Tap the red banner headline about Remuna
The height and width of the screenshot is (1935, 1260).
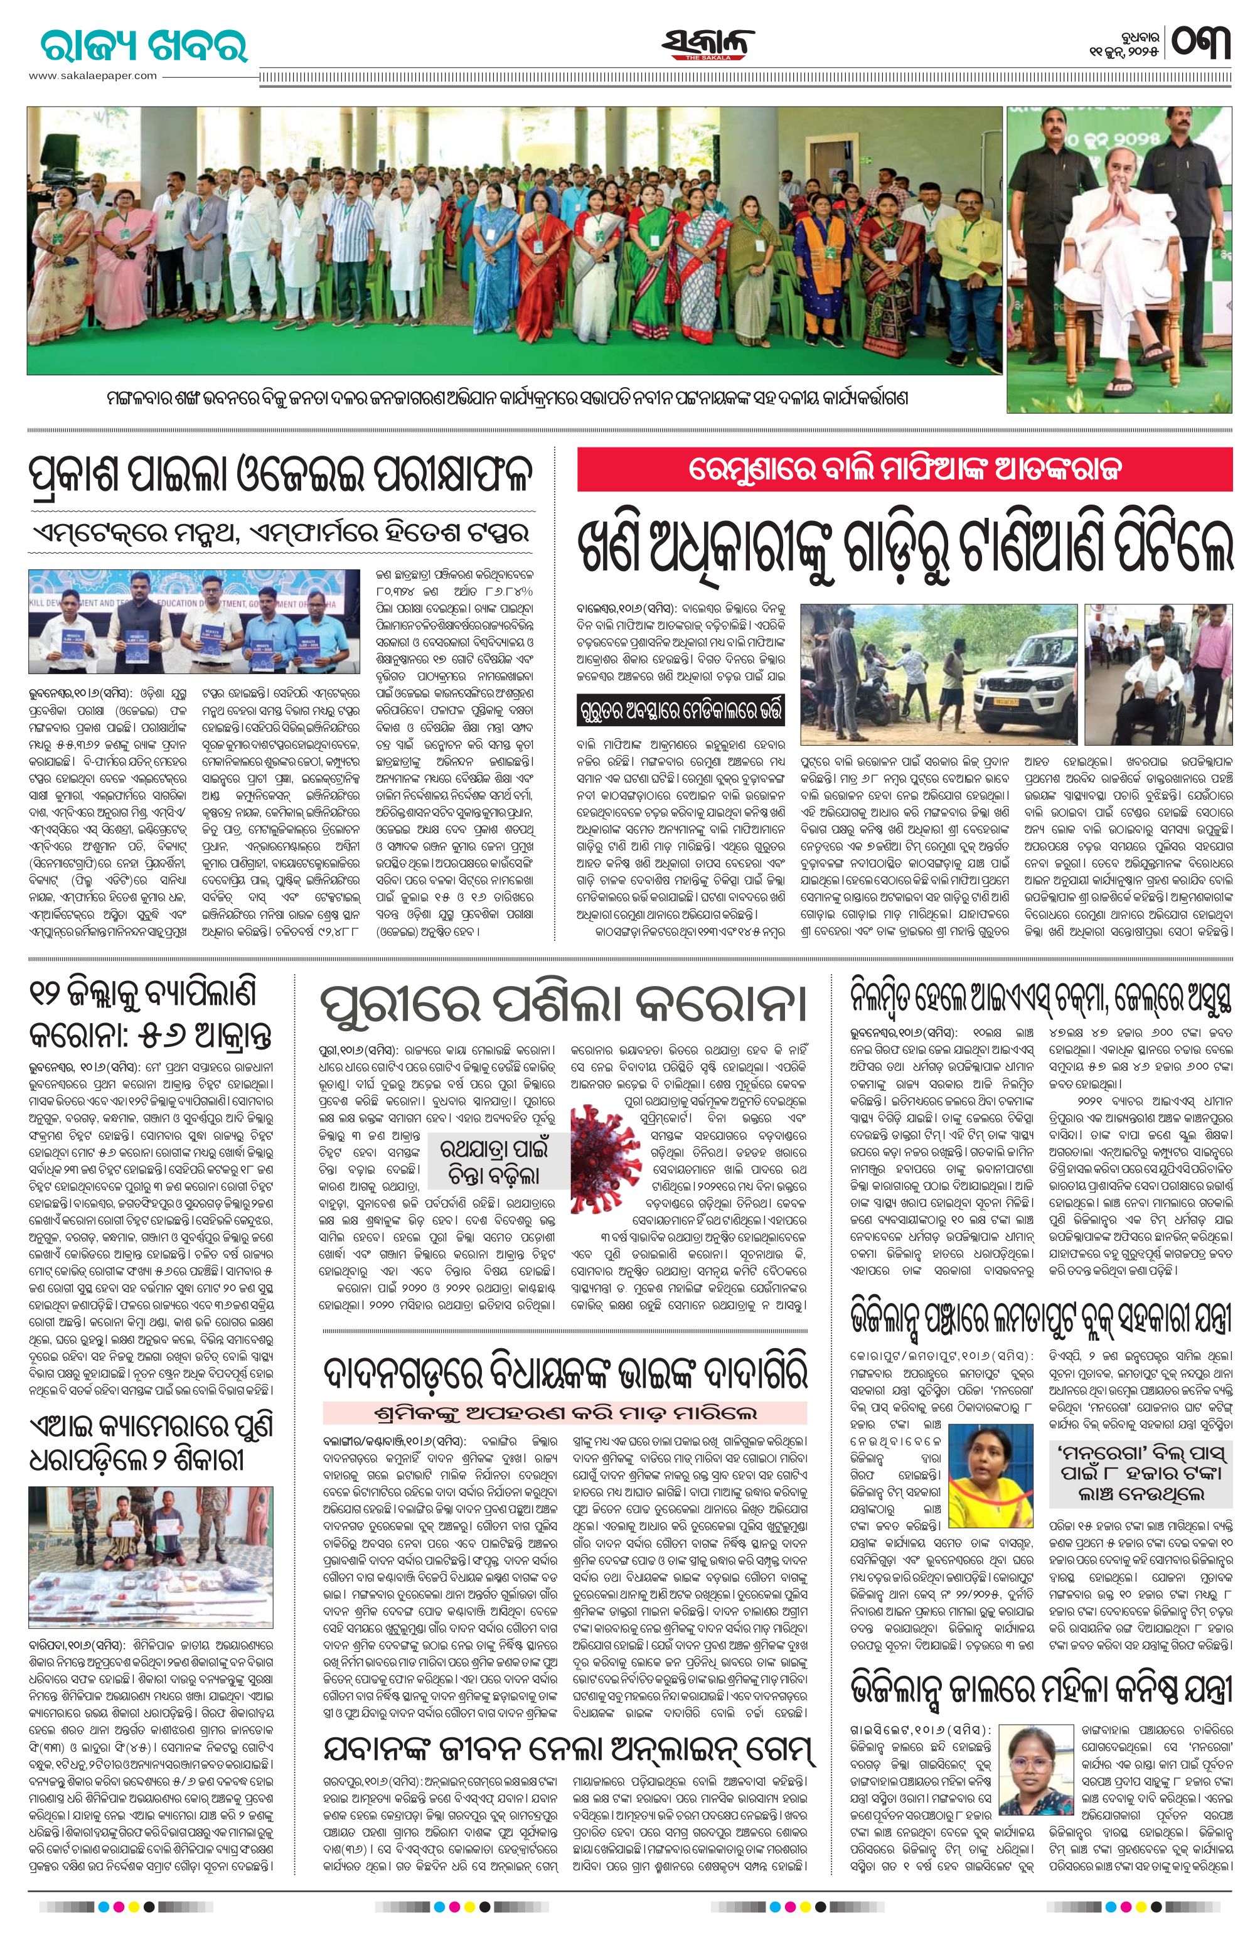(905, 470)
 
